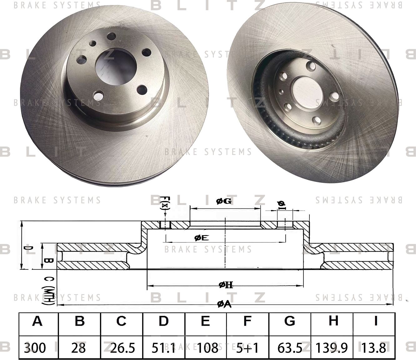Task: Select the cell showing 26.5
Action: coord(121,347)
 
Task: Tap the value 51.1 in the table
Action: coord(163,347)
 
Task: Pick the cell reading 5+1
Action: coord(247,347)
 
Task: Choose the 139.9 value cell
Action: coord(332,347)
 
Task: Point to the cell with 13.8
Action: coord(375,347)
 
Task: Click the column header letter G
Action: coord(290,321)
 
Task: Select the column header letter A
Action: coord(38,321)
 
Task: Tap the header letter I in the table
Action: coord(375,321)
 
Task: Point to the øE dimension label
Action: coord(201,238)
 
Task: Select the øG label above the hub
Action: coord(224,202)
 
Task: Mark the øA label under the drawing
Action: coord(224,304)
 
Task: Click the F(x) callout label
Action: coord(165,203)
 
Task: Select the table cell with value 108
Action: coord(205,347)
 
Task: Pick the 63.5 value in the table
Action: coord(290,347)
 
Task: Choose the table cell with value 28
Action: coord(78,347)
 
